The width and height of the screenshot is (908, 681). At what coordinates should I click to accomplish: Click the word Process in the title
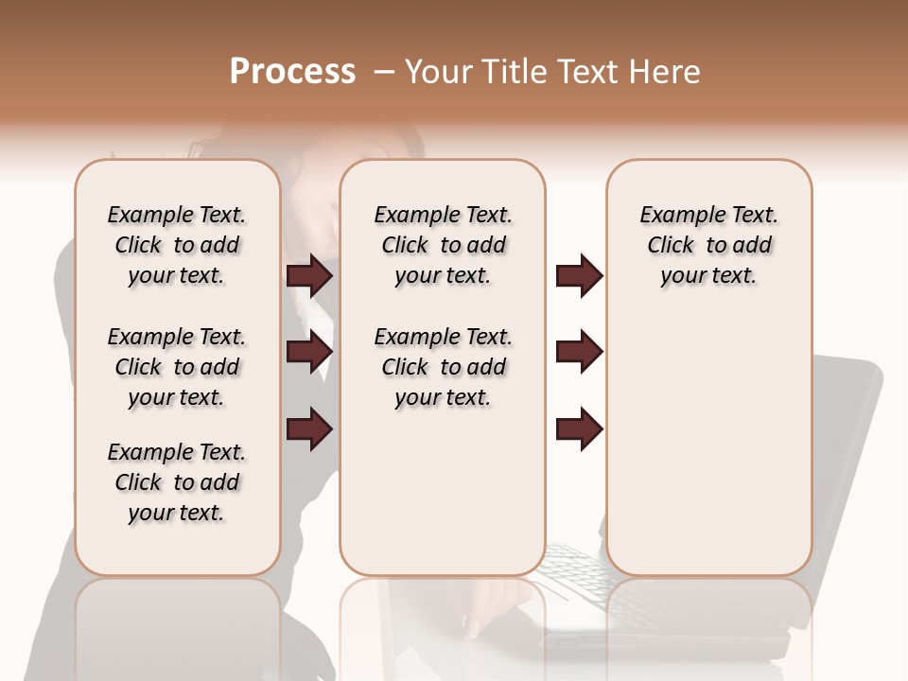[292, 72]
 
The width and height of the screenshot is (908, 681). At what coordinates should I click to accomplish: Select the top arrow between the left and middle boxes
[309, 275]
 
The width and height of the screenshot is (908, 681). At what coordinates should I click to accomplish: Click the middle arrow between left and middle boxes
[309, 352]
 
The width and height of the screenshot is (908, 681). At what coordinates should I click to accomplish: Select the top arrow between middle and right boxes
[579, 275]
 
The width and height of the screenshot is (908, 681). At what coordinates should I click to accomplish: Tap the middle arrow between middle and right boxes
[579, 352]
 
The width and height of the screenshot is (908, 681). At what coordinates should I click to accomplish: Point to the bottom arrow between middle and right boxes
[579, 428]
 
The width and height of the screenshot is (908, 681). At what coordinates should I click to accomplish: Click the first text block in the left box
[177, 245]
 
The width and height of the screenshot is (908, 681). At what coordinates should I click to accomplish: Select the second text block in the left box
[177, 367]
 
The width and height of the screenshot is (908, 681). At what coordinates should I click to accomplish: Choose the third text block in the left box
[177, 482]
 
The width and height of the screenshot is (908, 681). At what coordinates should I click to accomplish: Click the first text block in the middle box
[444, 245]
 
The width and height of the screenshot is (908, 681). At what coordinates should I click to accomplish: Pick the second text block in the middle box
[444, 367]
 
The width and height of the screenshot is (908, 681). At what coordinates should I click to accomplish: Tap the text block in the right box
[709, 245]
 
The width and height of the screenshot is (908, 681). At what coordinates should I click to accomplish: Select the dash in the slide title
[383, 72]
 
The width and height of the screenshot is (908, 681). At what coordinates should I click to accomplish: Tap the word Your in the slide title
[439, 72]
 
